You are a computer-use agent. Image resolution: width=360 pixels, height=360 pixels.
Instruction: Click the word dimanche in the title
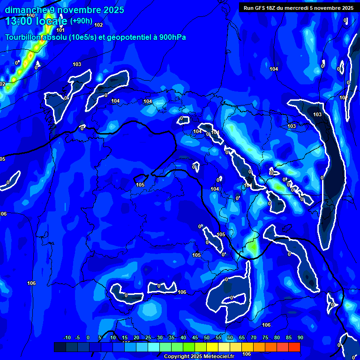(x=26, y=10)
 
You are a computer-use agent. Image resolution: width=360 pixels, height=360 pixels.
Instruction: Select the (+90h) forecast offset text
(x=81, y=21)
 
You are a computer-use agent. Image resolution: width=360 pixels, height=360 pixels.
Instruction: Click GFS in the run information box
(x=262, y=8)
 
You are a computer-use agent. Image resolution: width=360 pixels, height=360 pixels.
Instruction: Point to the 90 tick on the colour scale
(x=300, y=337)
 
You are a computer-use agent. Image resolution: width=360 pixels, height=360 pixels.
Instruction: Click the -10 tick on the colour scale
(x=67, y=337)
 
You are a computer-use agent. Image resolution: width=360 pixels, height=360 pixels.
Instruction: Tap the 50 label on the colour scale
(x=207, y=337)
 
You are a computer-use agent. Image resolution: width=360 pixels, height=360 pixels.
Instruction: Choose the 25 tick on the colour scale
(x=148, y=337)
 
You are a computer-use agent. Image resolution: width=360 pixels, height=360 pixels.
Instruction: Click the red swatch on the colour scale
(x=294, y=347)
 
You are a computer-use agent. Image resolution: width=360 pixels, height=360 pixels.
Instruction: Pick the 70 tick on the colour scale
(x=254, y=337)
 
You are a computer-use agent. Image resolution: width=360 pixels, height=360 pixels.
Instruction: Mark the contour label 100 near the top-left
(x=30, y=15)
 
